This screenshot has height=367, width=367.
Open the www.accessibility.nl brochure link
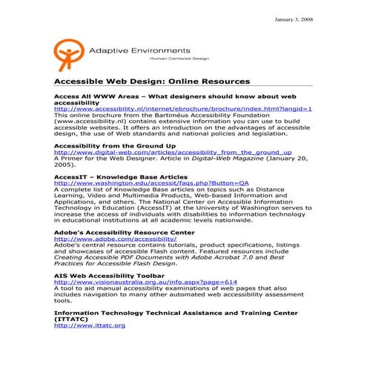[x=183, y=108]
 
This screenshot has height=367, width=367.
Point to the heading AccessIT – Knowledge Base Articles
[x=121, y=179]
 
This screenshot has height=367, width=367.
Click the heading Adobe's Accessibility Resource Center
[x=125, y=233]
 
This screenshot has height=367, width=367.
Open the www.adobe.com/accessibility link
[x=105, y=239]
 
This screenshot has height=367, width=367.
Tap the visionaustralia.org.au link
[x=145, y=282]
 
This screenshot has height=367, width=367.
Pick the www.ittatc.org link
[x=90, y=325]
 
